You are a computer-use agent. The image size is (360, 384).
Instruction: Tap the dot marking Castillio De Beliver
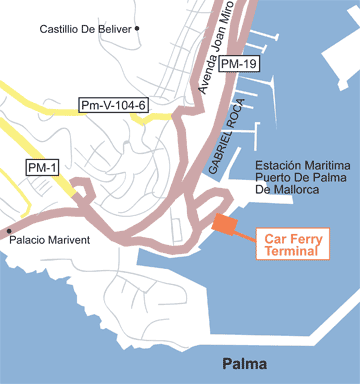137,28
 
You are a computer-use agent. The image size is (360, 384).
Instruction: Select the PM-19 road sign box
237,65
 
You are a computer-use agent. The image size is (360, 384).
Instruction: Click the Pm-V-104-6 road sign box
113,105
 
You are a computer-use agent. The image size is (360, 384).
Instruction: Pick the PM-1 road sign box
42,167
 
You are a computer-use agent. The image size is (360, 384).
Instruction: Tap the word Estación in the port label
281,165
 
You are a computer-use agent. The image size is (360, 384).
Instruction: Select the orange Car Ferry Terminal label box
296,245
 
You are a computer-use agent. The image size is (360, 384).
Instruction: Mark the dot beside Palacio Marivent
10,229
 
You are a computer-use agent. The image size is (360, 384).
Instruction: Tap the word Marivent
71,241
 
